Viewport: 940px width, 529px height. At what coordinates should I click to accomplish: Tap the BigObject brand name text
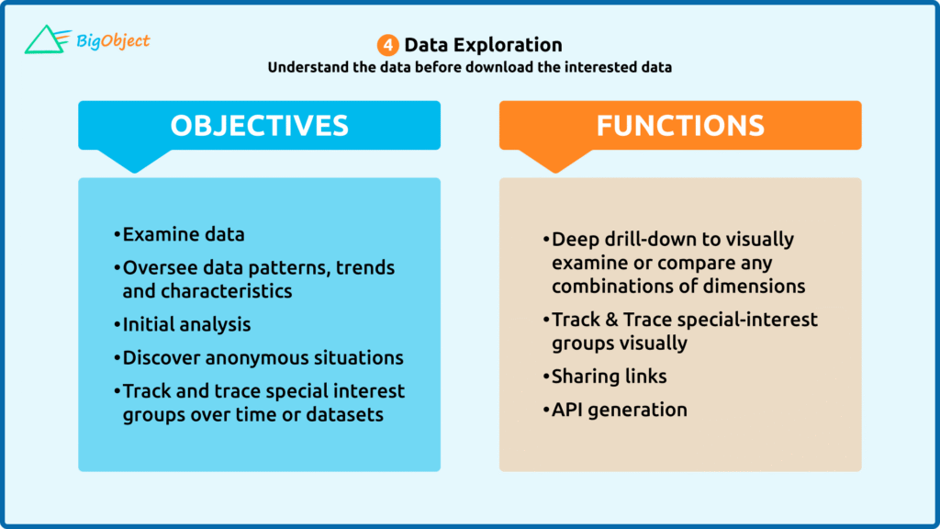113,41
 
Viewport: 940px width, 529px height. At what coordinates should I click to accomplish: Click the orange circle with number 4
388,45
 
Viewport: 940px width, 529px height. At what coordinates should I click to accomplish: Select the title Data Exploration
483,45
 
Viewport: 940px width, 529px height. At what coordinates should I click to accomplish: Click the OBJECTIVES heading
259,125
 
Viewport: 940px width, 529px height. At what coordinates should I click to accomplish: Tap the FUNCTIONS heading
680,125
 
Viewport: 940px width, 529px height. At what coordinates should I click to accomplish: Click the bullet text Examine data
184,234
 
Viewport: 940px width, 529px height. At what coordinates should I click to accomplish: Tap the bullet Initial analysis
186,324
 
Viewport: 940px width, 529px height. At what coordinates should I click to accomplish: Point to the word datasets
345,414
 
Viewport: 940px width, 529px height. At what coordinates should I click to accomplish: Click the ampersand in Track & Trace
610,320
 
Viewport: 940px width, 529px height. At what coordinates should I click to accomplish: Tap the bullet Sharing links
610,377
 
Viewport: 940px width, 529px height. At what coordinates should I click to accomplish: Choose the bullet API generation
620,410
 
